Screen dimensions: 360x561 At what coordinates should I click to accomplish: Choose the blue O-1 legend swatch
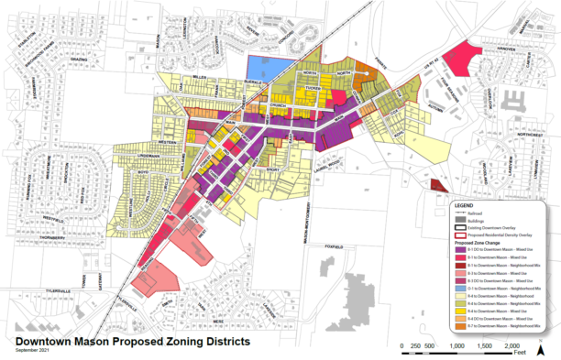tap(461, 286)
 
